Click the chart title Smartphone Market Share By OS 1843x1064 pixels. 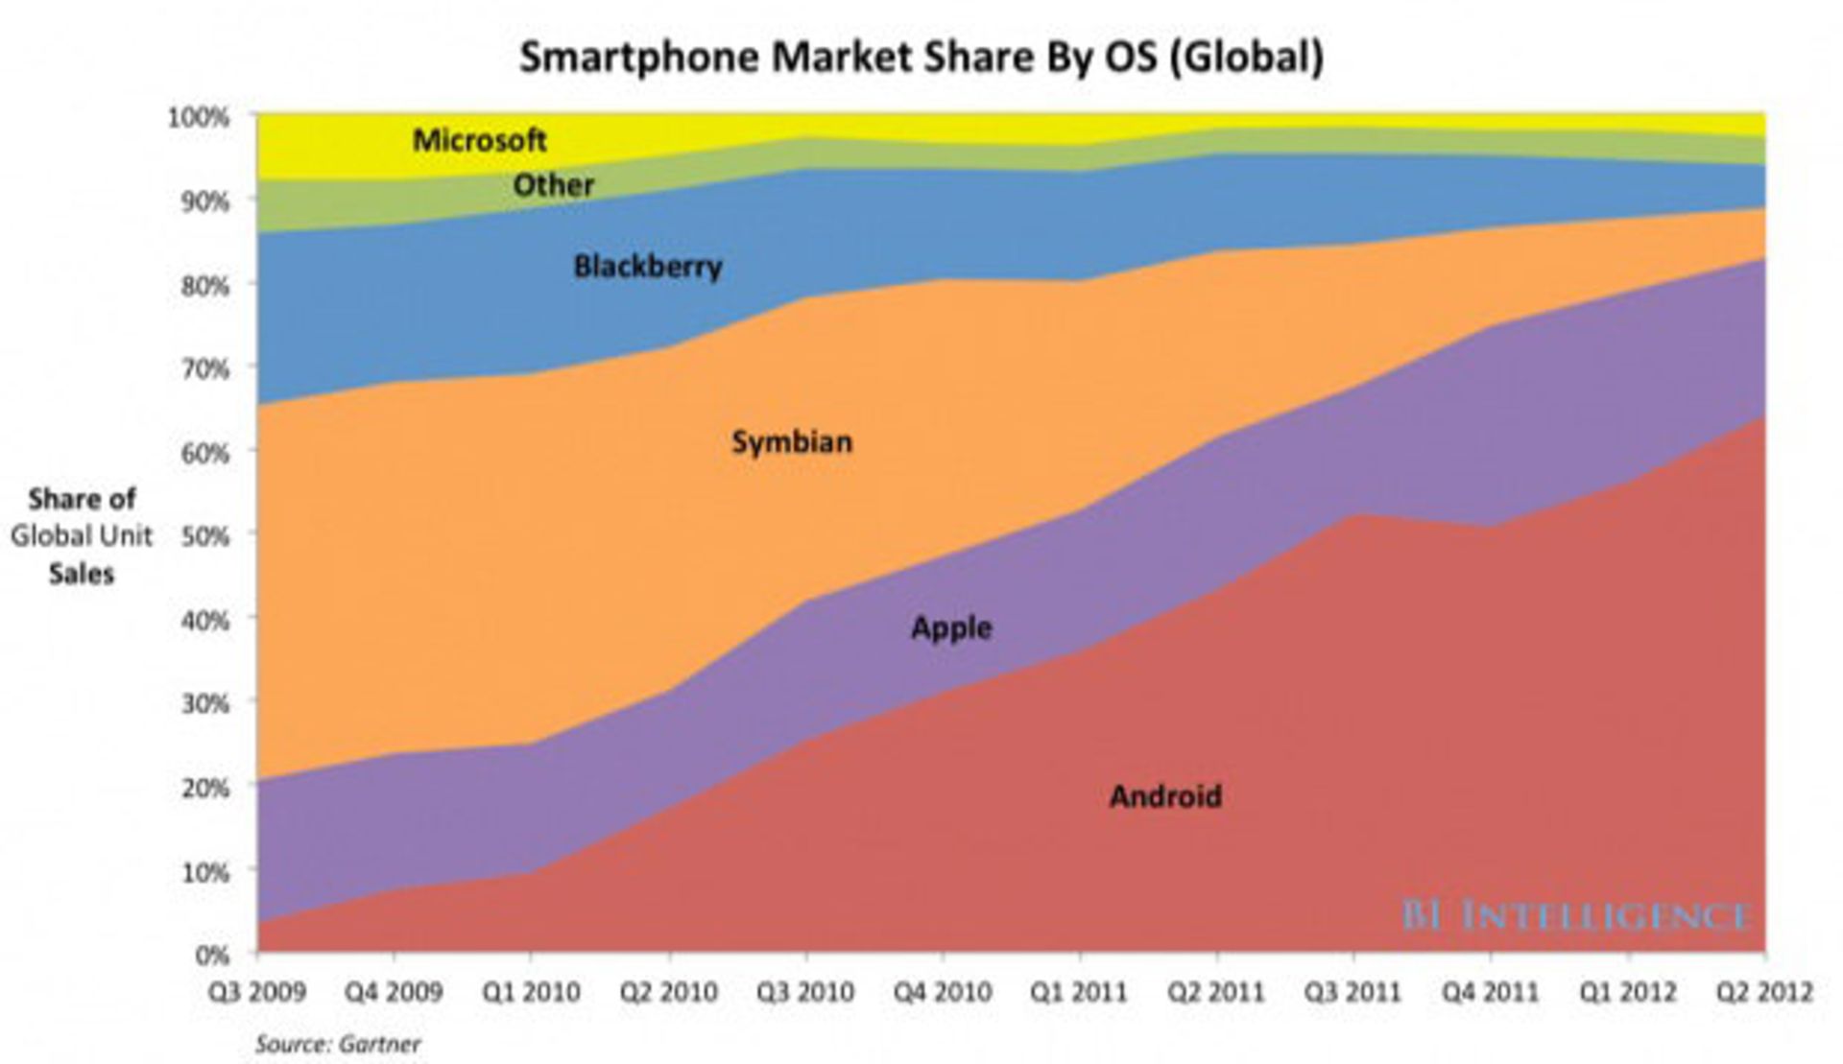click(x=921, y=58)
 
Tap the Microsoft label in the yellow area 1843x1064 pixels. click(x=479, y=141)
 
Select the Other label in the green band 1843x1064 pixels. click(x=553, y=185)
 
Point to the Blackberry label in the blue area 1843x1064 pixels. click(x=647, y=267)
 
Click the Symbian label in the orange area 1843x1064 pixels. click(x=792, y=442)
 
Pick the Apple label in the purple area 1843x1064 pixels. click(x=951, y=628)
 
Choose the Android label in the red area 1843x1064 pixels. click(x=1165, y=796)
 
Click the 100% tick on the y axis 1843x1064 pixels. click(x=200, y=118)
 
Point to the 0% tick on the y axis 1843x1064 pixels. click(x=212, y=955)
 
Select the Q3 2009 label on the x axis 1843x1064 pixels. click(x=256, y=992)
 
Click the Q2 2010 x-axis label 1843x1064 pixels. click(x=668, y=992)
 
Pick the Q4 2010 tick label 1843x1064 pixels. click(x=942, y=992)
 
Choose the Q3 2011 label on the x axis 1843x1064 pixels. click(x=1352, y=992)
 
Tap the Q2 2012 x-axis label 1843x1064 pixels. click(x=1764, y=992)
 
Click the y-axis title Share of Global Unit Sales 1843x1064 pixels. click(x=82, y=536)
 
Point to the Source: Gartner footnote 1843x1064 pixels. click(x=338, y=1044)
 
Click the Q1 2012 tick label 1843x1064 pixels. click(x=1627, y=992)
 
